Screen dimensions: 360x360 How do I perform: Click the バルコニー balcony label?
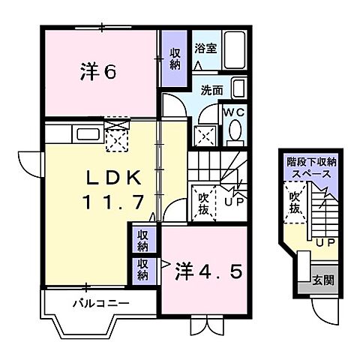tap(100, 304)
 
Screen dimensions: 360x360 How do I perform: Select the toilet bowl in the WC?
tap(234, 132)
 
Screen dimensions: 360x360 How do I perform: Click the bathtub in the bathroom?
tap(235, 48)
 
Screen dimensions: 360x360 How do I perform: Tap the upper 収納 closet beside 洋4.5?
tap(142, 241)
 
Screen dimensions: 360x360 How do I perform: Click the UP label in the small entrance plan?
tap(324, 243)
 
